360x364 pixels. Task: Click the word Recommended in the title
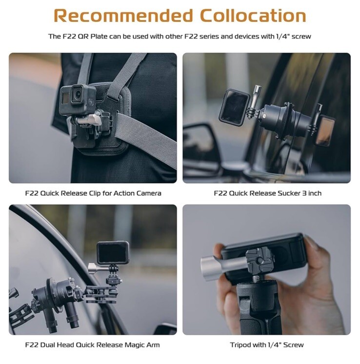123,16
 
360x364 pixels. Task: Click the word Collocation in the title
253,16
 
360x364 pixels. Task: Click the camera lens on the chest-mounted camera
78,94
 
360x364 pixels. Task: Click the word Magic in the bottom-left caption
133,345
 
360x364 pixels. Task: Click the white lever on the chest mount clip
90,119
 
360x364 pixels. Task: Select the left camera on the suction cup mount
234,107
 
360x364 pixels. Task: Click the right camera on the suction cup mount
326,131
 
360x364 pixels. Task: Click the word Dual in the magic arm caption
48,345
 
